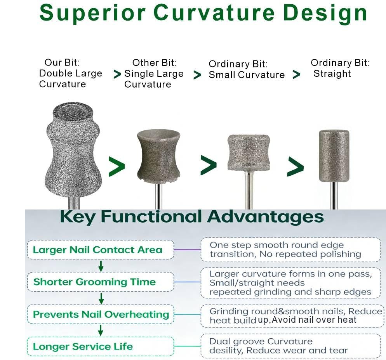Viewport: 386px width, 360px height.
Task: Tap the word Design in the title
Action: (x=324, y=13)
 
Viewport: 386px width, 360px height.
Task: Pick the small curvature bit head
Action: (x=249, y=152)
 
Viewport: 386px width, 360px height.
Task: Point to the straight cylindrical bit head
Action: (x=334, y=155)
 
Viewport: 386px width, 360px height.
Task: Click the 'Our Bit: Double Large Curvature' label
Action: (x=70, y=73)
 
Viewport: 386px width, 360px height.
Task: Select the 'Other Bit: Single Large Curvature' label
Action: (x=154, y=74)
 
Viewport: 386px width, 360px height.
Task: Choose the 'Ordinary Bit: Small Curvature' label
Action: (x=246, y=70)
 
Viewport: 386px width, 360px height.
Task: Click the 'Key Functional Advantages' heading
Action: (x=192, y=217)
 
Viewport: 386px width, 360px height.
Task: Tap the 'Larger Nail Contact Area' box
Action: (x=100, y=250)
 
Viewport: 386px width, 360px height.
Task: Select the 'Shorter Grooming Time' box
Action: (x=100, y=282)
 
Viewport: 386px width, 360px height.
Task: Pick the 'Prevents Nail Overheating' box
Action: (x=101, y=314)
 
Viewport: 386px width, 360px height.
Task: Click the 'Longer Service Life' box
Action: (x=100, y=346)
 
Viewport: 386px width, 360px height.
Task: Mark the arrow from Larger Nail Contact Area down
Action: (x=101, y=266)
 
